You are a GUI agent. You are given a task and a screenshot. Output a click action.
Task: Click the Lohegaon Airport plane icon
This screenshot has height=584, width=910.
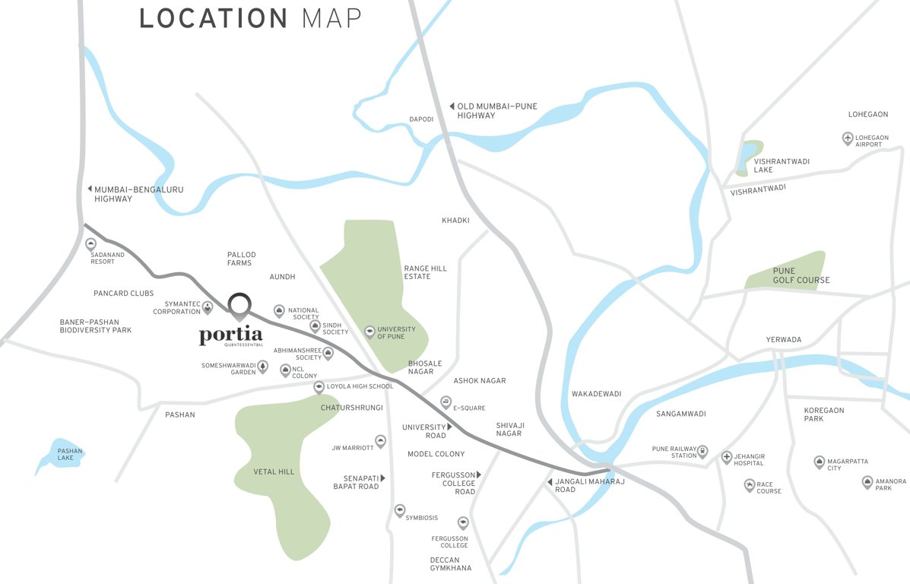click(848, 138)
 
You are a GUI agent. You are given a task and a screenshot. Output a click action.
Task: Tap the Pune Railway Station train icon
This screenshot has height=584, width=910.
click(702, 451)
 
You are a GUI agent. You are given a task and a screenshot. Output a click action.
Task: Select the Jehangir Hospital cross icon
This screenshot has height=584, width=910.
click(727, 457)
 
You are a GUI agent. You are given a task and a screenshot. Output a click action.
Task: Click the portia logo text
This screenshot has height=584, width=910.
click(231, 335)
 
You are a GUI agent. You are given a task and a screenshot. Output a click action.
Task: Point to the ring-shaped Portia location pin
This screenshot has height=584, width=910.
click(240, 304)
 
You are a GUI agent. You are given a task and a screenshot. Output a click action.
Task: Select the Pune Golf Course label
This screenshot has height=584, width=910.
click(801, 275)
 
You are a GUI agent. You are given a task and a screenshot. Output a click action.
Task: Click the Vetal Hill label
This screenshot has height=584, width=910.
click(274, 472)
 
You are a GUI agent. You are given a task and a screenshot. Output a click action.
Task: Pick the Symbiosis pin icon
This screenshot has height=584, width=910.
click(399, 510)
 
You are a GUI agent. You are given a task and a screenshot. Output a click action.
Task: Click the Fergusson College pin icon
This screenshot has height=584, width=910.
click(463, 522)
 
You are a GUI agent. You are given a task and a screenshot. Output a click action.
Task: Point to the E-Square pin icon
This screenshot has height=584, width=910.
click(445, 401)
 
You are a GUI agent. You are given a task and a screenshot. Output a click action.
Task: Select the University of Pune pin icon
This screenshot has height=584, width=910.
click(370, 331)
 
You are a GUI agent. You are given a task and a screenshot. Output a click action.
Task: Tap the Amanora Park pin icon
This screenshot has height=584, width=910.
click(867, 481)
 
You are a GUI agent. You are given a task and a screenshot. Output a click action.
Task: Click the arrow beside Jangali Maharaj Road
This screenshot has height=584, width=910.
click(550, 482)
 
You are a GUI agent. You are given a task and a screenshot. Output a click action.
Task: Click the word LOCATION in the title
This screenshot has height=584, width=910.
click(214, 19)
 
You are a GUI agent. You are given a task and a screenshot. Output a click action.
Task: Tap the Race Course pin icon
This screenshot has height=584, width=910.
click(750, 485)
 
